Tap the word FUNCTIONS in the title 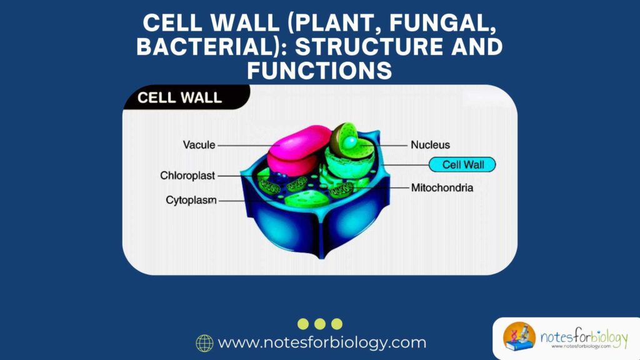pos(319,71)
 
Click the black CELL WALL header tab pos(180,98)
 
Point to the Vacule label pos(199,145)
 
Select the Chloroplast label pos(187,176)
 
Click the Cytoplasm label pos(191,201)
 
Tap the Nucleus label pos(430,145)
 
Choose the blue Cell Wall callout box pos(462,165)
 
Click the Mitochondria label pos(442,187)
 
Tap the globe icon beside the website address pos(204,343)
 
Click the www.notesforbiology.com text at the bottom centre pos(322,343)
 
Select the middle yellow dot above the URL pos(320,324)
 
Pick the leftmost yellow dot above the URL pos(303,324)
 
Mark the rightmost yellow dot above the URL pos(337,324)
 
